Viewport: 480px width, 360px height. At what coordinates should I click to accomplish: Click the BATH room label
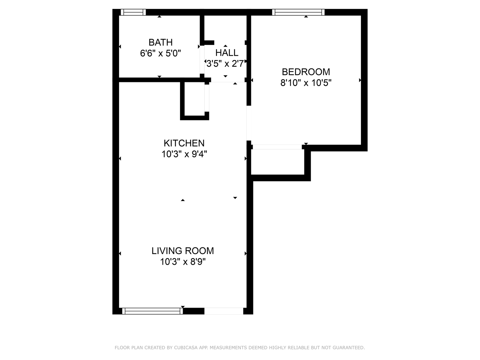pos(160,42)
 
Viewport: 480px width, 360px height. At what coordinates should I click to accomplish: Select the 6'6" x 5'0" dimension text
pos(160,53)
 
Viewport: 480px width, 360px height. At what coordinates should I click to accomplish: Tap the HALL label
pos(227,53)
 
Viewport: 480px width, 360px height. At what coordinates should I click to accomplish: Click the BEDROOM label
pos(306,72)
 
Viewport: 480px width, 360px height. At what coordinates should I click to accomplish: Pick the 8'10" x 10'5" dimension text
pos(306,83)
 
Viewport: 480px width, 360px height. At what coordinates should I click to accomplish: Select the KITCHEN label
pos(184,143)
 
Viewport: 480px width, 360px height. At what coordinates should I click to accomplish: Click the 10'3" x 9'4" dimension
pos(184,154)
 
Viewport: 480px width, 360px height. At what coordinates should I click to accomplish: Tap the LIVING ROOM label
pos(183,251)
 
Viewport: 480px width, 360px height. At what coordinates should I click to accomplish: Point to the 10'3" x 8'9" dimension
pos(183,262)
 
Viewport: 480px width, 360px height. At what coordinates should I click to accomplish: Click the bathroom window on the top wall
pos(133,12)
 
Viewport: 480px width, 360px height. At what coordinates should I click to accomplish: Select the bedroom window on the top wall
pos(298,12)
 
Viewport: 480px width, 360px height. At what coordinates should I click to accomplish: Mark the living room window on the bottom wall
pos(152,311)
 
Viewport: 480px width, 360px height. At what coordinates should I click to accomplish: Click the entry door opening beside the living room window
pos(224,311)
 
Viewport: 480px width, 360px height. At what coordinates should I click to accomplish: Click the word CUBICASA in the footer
pos(186,348)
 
